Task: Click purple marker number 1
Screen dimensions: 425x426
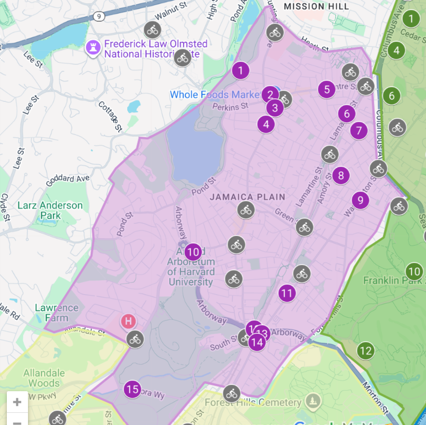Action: coord(241,70)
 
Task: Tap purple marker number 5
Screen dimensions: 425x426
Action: coord(327,89)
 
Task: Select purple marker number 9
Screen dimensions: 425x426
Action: coord(360,200)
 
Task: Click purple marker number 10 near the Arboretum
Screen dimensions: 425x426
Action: coord(193,252)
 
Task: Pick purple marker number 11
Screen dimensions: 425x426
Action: coord(287,292)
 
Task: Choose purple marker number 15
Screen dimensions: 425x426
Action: coord(132,390)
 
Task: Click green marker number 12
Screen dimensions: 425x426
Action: coord(365,350)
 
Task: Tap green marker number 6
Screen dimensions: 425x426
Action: coord(392,96)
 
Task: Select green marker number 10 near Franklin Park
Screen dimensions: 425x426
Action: coord(414,272)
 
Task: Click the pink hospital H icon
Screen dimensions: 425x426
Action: coord(128,320)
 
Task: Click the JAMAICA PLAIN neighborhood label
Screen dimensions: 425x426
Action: coord(248,197)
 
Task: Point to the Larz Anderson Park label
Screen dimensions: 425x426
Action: coord(50,210)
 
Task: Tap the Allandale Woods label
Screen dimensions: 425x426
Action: coord(44,378)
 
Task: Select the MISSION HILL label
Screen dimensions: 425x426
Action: coord(316,6)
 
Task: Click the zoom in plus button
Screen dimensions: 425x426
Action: coord(17,402)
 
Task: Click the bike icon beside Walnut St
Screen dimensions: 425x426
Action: coord(153,29)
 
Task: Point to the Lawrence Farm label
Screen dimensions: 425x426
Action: coord(56,313)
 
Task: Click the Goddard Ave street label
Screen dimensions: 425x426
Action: coord(67,179)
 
